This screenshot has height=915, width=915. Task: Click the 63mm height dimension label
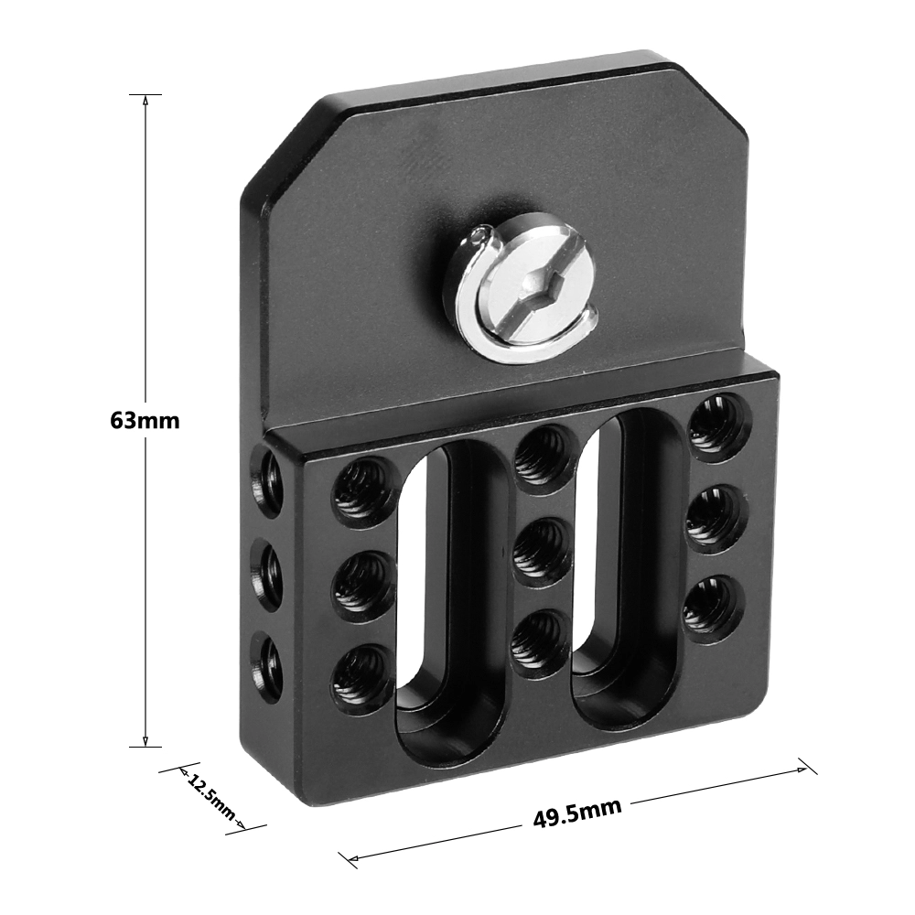point(145,420)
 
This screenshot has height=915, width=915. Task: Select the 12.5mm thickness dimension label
point(210,796)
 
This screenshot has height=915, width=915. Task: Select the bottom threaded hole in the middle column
point(540,638)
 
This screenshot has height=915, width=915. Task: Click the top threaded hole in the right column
point(719,424)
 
